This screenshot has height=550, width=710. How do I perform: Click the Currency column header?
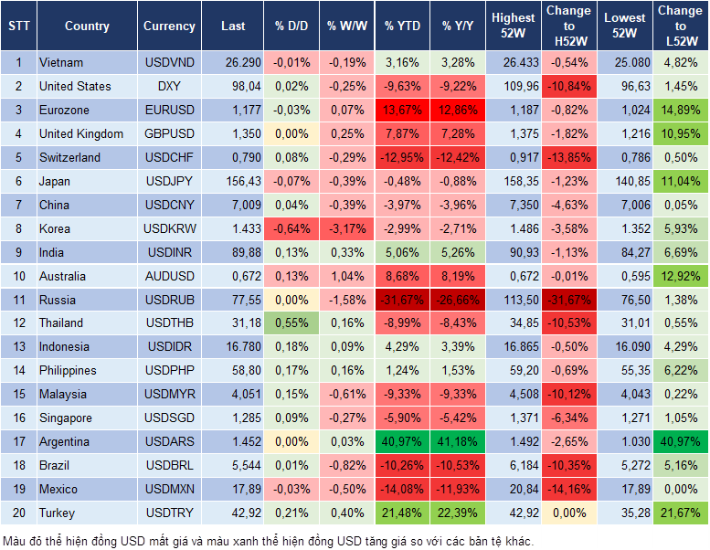pos(169,26)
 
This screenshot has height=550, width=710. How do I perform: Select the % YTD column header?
pos(402,26)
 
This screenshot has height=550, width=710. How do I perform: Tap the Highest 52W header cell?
pos(514,26)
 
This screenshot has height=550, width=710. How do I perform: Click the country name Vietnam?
pos(61,63)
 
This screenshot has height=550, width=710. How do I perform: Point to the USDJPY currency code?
pos(169,182)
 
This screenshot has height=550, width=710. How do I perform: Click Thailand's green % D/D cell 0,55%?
pos(291,323)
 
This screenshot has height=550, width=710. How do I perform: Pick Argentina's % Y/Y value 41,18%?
pos(460,442)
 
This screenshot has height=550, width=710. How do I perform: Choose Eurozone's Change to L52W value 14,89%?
pos(681,111)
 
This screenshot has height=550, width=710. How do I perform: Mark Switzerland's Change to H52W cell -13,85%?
pos(568,158)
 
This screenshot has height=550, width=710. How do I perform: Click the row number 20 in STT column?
pos(18,513)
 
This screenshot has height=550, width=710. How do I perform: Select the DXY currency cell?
pos(169,87)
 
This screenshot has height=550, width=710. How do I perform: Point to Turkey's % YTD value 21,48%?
pos(403,513)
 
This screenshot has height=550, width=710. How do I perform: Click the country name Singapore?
pos(65,418)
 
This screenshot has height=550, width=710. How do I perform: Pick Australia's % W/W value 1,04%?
pos(346,277)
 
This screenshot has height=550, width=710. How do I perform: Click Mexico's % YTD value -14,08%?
pos(403,490)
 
